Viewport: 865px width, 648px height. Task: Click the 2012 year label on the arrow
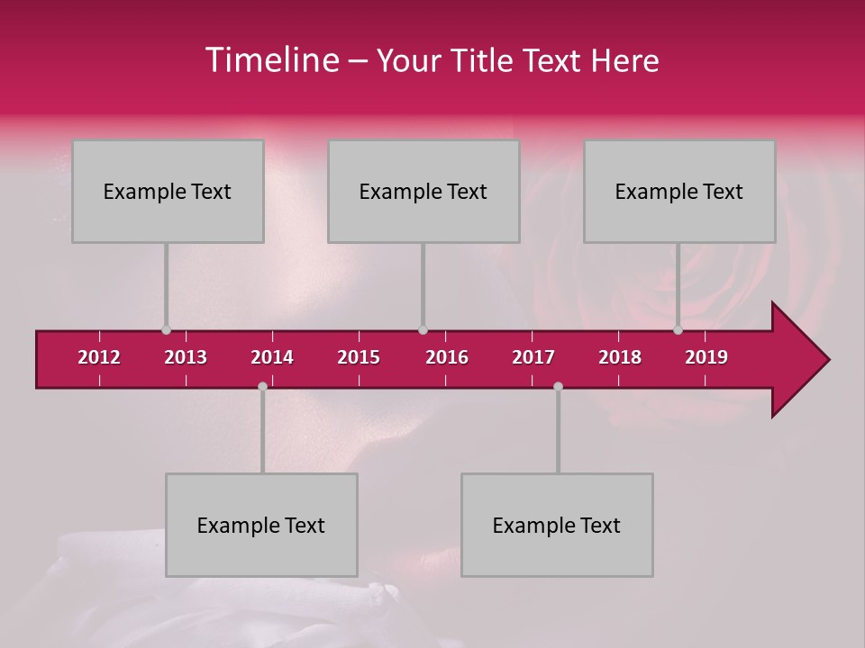point(99,357)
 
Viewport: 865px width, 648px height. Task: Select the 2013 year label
point(186,357)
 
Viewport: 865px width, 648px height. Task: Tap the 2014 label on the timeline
point(272,357)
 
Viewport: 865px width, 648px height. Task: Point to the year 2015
point(359,357)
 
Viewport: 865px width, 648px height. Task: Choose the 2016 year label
point(447,357)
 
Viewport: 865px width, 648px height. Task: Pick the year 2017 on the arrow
point(533,357)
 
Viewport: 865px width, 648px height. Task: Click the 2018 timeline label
point(620,357)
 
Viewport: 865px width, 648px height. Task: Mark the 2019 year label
point(706,357)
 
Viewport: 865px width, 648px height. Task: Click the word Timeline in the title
point(271,60)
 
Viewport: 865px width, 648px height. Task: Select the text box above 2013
point(168,191)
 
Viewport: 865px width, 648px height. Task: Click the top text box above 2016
point(423,191)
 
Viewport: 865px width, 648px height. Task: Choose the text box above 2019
point(679,191)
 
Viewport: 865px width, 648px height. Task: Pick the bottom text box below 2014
point(261,525)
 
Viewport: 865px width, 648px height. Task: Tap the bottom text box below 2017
point(557,525)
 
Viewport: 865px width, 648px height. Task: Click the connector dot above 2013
point(166,330)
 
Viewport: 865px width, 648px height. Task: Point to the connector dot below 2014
point(262,386)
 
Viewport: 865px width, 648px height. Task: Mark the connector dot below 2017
point(558,386)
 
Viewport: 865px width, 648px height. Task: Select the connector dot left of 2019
point(678,330)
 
